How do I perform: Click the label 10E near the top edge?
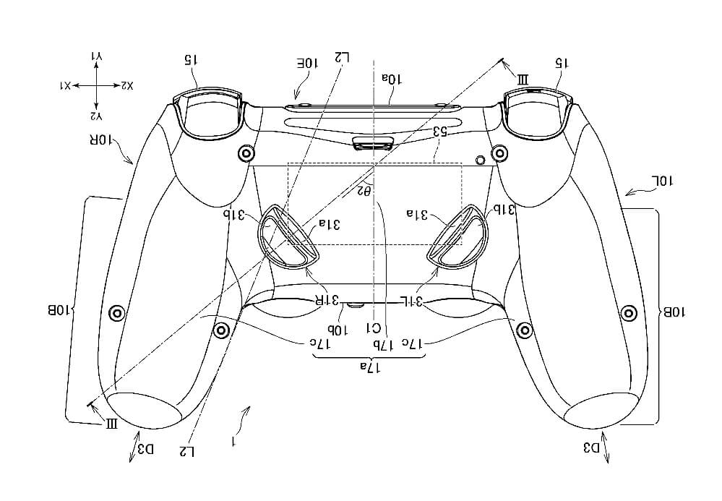coord(308,63)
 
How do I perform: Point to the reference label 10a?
coord(392,79)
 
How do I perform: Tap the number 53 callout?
coord(440,132)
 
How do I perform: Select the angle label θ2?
coord(364,189)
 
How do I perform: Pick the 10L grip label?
coord(661,181)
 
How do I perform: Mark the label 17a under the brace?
coord(370,367)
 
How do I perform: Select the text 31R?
coord(327,301)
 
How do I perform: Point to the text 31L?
coord(411,301)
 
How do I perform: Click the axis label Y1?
coord(97,56)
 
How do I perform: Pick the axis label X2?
coord(126,85)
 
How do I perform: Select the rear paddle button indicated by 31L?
coord(457,235)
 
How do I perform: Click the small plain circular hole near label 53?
coord(480,159)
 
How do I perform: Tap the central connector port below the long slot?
coord(374,143)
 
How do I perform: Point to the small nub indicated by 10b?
coord(355,304)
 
